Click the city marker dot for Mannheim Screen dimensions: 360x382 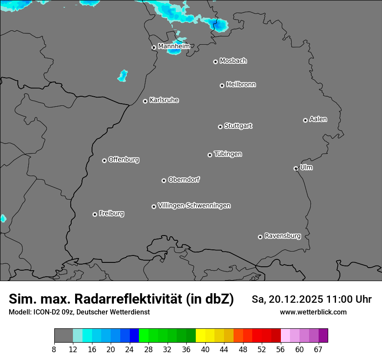coord(154,48)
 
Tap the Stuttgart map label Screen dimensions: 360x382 coord(238,126)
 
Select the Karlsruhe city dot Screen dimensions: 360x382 coord(145,101)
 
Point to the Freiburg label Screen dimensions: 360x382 coord(111,213)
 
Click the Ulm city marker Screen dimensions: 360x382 coord(296,169)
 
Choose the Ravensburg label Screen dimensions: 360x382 coord(282,236)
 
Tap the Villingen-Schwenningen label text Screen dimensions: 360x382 coord(194,206)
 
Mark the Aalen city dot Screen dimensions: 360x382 coord(306,121)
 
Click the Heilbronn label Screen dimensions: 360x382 coord(241,85)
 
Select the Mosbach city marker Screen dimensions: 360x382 coord(215,62)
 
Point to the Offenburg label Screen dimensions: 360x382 coord(124,160)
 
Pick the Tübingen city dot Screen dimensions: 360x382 coord(210,155)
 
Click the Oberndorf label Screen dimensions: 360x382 coord(184,180)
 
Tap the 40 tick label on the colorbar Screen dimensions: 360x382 coord(205,350)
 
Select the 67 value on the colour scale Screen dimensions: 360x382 coord(318,350)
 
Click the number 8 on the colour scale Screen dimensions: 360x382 coord(54,350)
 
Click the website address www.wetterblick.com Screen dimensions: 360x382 coord(313,312)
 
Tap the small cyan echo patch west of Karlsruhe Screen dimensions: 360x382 coord(123,76)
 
